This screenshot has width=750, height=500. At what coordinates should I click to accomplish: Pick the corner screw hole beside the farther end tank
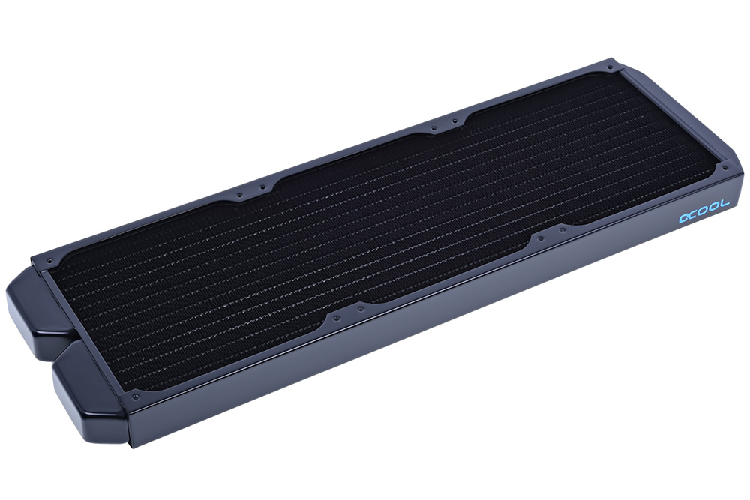[x=50, y=262]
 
